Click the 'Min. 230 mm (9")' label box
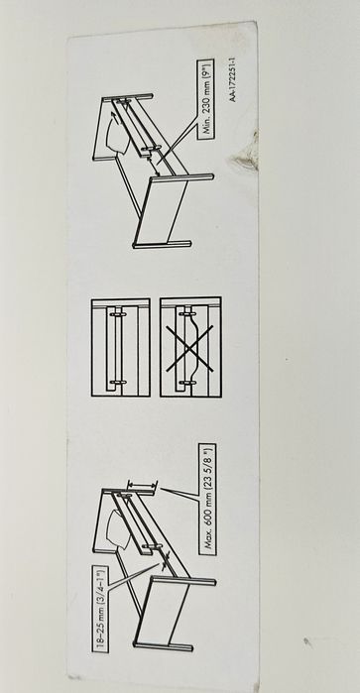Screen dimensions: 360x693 [205, 99]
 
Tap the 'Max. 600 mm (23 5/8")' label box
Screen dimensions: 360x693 [207, 499]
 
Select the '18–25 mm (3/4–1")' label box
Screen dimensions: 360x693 [100, 609]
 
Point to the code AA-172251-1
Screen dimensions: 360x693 [233, 79]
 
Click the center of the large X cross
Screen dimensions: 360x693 [189, 348]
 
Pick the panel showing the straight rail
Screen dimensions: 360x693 [121, 347]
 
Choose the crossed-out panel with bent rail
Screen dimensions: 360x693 [190, 347]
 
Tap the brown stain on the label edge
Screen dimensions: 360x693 [246, 158]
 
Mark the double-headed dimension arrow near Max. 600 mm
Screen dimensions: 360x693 [142, 486]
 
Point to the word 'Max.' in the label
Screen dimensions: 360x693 [208, 541]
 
